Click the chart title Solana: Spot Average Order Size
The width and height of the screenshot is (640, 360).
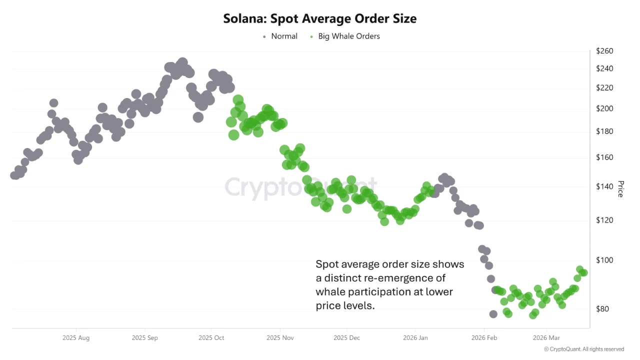(319, 19)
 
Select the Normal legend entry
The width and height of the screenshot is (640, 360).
(284, 36)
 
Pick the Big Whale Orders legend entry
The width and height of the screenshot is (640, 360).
(348, 36)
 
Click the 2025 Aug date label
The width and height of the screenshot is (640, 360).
(76, 338)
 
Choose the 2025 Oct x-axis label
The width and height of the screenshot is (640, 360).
(211, 338)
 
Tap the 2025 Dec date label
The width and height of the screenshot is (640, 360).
(347, 338)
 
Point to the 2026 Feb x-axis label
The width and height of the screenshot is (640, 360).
(484, 338)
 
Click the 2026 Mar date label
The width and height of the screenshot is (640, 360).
(546, 338)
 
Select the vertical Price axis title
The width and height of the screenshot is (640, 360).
(620, 189)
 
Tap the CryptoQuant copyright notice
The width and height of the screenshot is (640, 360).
(583, 349)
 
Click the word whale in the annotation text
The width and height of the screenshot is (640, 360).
(330, 291)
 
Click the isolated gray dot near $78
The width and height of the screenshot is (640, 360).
(493, 314)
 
